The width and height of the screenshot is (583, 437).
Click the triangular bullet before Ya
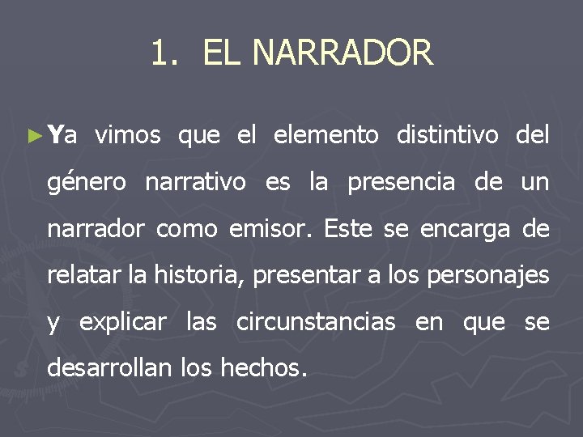[33, 134]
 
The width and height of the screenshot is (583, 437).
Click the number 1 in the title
[160, 53]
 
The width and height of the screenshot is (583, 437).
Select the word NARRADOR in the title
[343, 53]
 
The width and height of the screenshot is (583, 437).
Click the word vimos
[127, 135]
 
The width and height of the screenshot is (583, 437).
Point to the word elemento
[326, 135]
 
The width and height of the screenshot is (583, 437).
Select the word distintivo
[447, 135]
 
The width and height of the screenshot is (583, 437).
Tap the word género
[87, 184]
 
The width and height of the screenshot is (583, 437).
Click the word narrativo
[195, 183]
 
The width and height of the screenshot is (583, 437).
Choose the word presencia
[401, 184]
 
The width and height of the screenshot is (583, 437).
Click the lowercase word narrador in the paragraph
[97, 230]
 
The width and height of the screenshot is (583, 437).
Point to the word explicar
[122, 324]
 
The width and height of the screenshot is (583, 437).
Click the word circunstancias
[316, 323]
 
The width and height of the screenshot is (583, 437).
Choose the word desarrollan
[109, 369]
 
